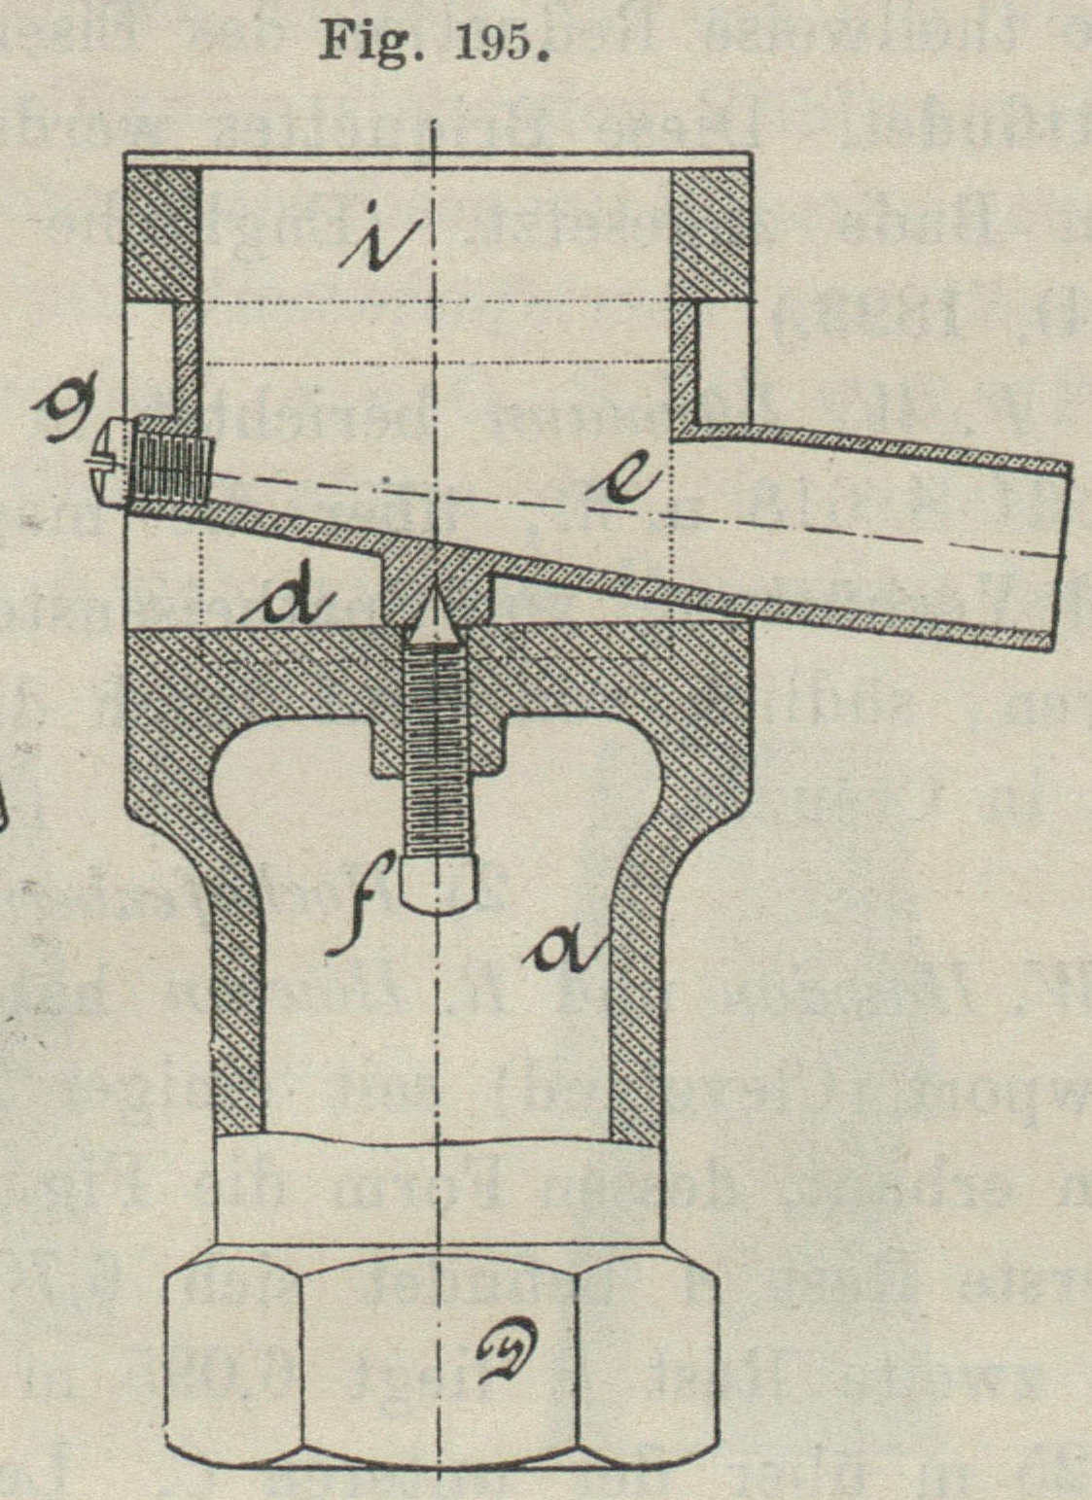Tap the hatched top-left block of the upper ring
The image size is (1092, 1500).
(x=163, y=234)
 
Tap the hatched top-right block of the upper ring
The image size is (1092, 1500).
(x=711, y=234)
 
